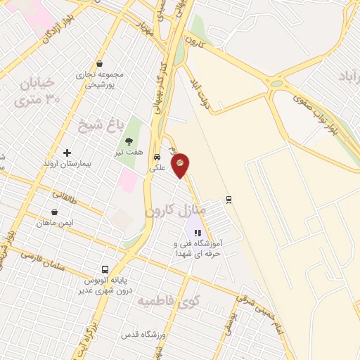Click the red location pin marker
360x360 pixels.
pyautogui.click(x=180, y=165)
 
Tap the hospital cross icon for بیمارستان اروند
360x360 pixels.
pyautogui.click(x=67, y=153)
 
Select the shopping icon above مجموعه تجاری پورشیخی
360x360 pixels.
pyautogui.click(x=99, y=63)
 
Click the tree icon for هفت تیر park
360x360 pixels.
pyautogui.click(x=129, y=141)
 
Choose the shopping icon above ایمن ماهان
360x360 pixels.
pyautogui.click(x=54, y=212)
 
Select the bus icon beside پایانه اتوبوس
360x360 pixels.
pyautogui.click(x=105, y=269)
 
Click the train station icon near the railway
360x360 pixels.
pyautogui.click(x=229, y=199)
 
